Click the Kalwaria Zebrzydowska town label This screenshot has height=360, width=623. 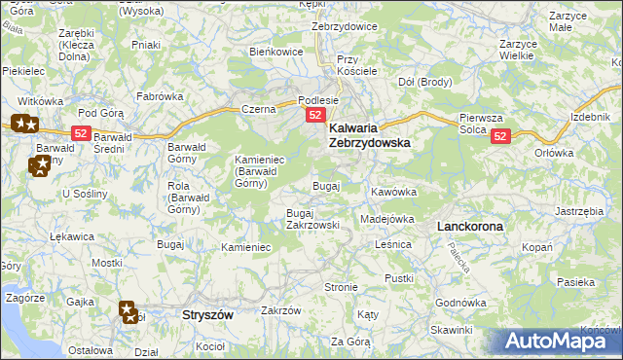coord(369,134)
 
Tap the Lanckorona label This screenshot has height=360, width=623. coord(470,226)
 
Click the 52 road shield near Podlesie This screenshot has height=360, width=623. coord(315,116)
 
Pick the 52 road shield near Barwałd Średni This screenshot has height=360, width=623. coord(81,132)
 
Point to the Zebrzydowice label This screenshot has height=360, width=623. coord(344,26)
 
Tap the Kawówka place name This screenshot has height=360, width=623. coord(393,192)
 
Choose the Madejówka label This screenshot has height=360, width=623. coord(387,219)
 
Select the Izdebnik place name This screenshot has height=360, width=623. coord(591,118)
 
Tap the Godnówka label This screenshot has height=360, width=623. coord(460,303)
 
